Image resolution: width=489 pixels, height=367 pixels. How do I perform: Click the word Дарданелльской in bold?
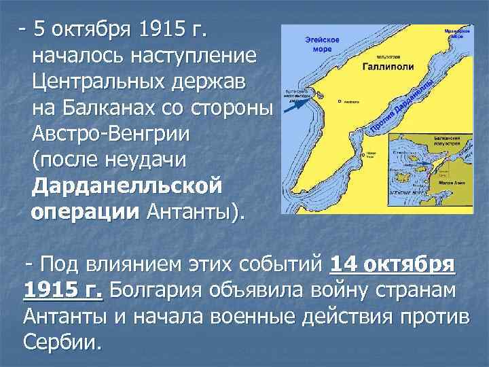(127, 186)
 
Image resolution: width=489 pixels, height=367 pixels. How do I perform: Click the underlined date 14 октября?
(393, 266)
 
